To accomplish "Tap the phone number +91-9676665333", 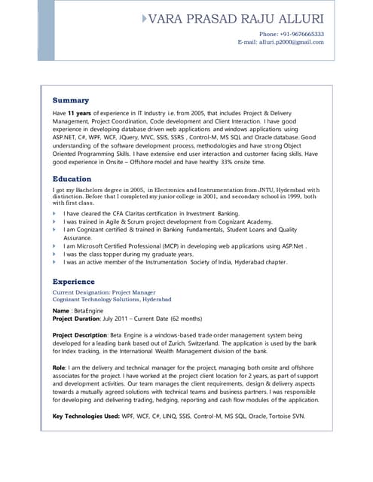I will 292,34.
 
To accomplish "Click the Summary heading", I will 71,100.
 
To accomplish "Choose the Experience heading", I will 79,282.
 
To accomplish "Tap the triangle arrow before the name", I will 144,17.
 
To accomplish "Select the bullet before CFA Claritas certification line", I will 54,214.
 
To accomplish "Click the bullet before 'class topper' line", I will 54,254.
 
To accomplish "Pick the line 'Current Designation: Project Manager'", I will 104,291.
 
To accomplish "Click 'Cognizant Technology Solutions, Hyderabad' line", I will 112,299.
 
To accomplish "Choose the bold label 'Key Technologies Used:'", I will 87,415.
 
